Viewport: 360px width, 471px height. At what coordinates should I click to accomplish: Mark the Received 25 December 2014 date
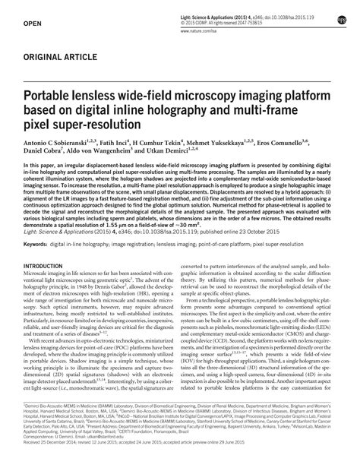(56, 446)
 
